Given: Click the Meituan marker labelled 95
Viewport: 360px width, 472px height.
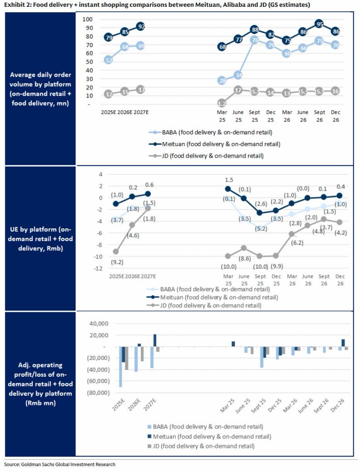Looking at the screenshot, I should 319,24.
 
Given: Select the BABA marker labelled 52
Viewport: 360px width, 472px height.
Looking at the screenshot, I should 108,60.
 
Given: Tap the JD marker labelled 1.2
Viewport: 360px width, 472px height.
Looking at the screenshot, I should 222,103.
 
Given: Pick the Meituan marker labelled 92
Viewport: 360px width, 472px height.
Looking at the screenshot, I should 141,26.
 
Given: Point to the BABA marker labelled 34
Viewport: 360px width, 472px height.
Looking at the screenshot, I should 238,75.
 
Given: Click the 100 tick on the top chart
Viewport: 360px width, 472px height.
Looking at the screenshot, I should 88,19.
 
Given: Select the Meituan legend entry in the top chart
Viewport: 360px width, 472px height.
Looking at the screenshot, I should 214,144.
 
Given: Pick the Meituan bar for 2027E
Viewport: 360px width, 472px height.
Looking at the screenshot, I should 155,340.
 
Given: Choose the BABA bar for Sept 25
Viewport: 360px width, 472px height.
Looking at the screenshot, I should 262,357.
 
